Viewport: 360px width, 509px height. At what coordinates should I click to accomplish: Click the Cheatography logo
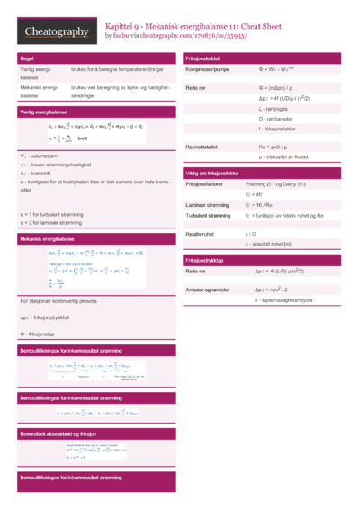click(56, 32)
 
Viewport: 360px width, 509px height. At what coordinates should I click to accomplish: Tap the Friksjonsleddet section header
click(205, 58)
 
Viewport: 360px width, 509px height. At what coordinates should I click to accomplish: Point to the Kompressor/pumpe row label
click(209, 69)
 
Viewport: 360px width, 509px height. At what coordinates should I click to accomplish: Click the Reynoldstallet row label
click(204, 146)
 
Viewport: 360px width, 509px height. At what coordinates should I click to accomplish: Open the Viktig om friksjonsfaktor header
click(220, 171)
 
